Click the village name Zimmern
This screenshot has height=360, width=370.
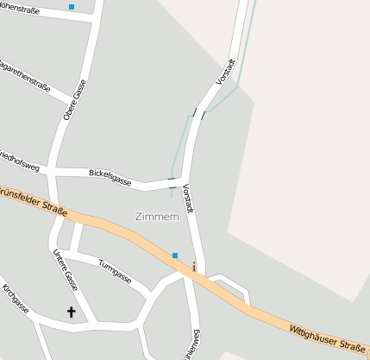click(157, 217)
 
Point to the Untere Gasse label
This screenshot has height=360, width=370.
click(66, 269)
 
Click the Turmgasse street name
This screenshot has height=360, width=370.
click(115, 272)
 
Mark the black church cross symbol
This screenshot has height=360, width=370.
click(71, 312)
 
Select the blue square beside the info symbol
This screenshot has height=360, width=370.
click(175, 256)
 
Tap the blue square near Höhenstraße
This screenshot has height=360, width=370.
click(72, 7)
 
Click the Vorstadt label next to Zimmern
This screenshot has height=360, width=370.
click(189, 199)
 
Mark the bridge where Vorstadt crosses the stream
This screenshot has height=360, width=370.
click(200, 112)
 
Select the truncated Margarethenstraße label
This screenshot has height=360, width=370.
click(24, 77)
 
